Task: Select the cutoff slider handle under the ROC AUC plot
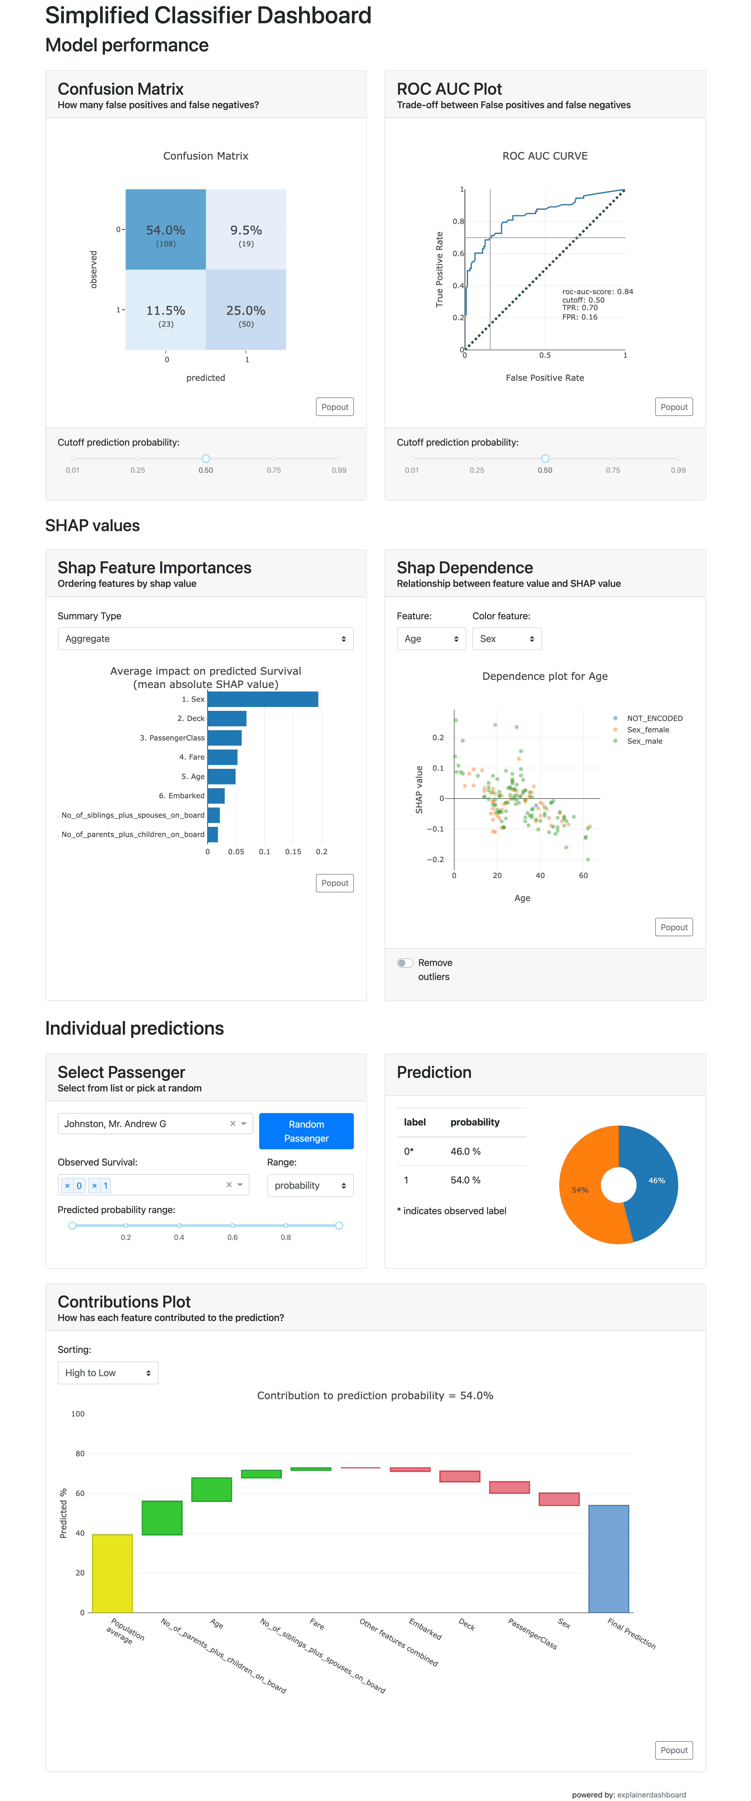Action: pos(545,459)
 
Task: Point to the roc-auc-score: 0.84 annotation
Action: pos(597,292)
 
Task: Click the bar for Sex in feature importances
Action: pos(263,699)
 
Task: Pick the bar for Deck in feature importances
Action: pos(226,719)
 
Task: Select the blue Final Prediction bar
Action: pos(608,1559)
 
